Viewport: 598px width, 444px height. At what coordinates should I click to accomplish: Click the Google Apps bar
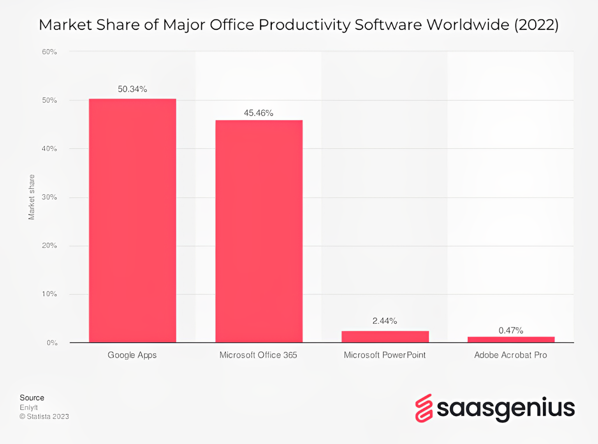(132, 221)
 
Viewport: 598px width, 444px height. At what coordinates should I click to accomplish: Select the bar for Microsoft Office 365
(259, 231)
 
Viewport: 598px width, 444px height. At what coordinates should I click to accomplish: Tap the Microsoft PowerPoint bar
(385, 337)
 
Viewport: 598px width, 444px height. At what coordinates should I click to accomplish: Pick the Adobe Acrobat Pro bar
(511, 339)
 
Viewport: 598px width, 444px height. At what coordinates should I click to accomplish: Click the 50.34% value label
(132, 89)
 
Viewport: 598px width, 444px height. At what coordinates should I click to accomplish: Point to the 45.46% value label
(259, 113)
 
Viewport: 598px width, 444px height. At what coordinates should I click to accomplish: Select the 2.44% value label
(385, 321)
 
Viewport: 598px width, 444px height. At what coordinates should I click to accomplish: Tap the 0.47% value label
(511, 330)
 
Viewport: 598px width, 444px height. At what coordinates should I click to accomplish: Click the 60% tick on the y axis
(49, 52)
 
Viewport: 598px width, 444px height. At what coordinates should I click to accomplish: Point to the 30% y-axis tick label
(49, 197)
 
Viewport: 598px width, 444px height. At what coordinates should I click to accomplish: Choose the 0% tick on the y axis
(52, 343)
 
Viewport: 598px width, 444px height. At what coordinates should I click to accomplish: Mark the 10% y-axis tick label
(49, 294)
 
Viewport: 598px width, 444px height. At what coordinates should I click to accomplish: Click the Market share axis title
(32, 197)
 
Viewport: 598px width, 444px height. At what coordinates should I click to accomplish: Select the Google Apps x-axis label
(132, 355)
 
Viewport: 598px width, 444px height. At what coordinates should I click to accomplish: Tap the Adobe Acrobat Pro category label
(510, 355)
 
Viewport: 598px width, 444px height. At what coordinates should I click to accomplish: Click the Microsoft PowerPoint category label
(385, 355)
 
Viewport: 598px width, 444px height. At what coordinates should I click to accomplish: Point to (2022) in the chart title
(536, 25)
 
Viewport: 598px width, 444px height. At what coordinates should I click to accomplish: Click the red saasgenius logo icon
(424, 408)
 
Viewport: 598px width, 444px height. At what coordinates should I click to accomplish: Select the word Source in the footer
(32, 398)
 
